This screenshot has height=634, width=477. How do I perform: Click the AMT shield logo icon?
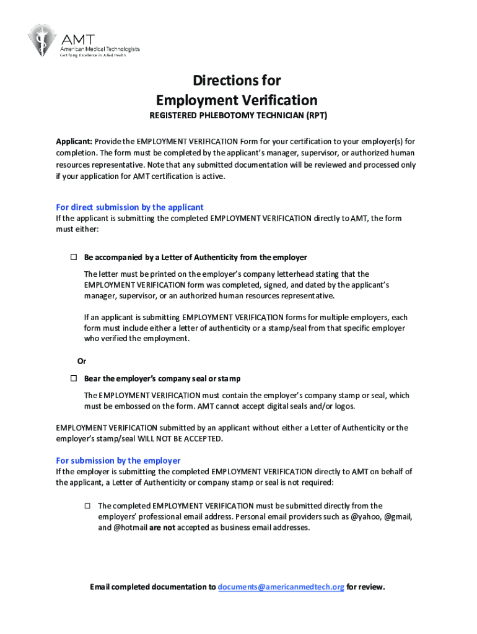click(x=42, y=40)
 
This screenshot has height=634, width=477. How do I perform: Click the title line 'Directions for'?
click(x=237, y=80)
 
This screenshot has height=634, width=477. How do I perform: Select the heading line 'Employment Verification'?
click(x=237, y=100)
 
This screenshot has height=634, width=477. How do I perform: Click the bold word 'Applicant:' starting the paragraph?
click(x=74, y=141)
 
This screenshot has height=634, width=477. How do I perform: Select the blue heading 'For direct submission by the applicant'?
click(x=130, y=207)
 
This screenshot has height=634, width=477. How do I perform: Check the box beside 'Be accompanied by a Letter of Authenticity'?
click(x=72, y=257)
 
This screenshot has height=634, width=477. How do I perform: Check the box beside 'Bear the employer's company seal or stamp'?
click(x=72, y=378)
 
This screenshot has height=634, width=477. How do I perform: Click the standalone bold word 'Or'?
click(x=81, y=361)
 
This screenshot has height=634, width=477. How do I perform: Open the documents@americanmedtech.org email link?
click(x=281, y=587)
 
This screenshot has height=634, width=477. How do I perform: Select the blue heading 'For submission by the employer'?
click(x=118, y=461)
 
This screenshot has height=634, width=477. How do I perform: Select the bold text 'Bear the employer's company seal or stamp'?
click(x=162, y=378)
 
